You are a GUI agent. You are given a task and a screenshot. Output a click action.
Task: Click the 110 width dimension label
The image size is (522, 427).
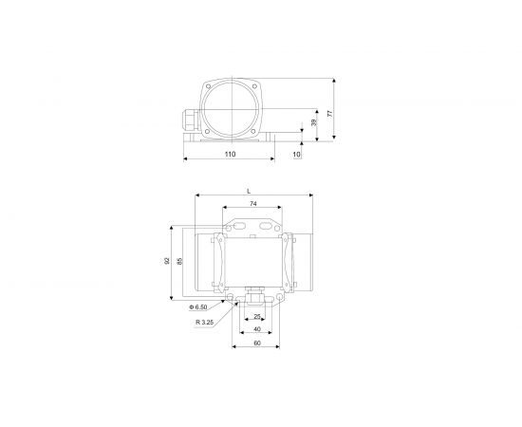tap(230, 154)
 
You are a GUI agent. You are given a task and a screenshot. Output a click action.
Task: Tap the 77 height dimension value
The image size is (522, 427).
tap(330, 113)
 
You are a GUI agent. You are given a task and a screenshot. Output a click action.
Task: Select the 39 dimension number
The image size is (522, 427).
tap(313, 122)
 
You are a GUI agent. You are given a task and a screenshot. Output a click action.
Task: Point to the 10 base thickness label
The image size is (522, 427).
tap(297, 155)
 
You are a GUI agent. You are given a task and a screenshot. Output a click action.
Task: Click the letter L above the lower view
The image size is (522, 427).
tap(249, 191)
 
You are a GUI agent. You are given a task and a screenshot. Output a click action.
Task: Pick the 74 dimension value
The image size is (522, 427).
tap(253, 204)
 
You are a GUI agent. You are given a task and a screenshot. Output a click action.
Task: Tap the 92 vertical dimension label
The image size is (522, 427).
tap(167, 261)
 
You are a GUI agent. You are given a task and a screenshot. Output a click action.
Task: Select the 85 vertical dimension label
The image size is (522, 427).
tap(179, 261)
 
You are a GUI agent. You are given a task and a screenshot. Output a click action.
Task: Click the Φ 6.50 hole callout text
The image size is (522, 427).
tap(198, 307)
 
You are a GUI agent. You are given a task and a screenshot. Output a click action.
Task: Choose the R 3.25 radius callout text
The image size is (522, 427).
tap(205, 323)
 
